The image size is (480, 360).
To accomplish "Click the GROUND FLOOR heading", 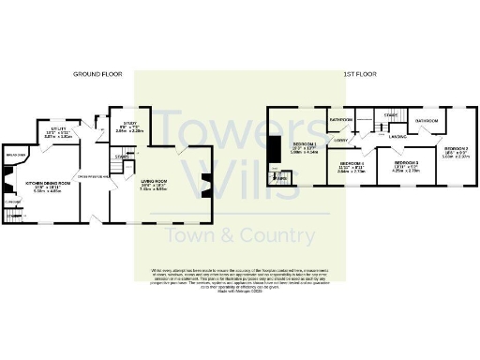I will coord(99,73).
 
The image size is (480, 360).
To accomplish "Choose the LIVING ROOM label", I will coord(153,183).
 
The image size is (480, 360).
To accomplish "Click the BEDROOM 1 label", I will coord(303,145).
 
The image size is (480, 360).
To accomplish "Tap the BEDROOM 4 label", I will coord(352,167).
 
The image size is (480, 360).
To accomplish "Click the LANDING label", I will coord(397,137).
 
